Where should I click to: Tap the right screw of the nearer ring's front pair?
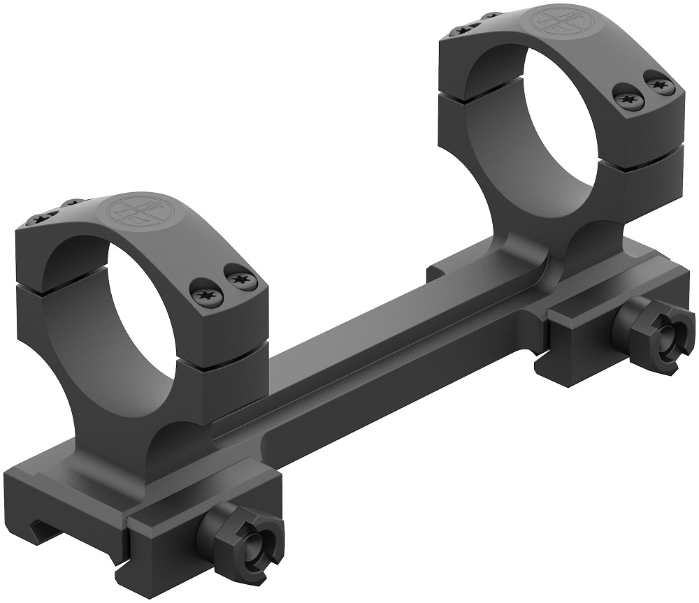240,279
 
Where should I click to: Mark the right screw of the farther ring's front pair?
656,83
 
